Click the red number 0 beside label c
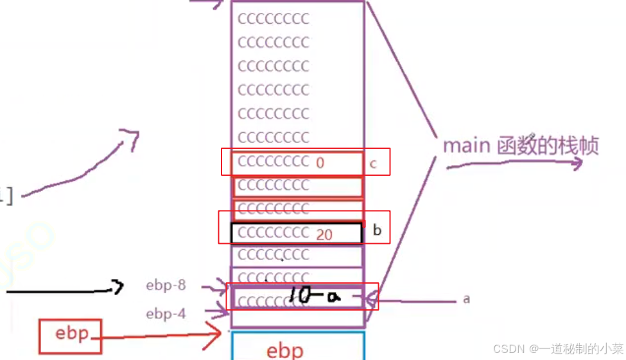click(x=320, y=163)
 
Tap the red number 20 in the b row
click(x=324, y=235)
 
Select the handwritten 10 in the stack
click(x=300, y=296)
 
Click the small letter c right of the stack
click(x=373, y=164)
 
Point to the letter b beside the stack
click(x=377, y=230)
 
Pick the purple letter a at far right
click(x=466, y=299)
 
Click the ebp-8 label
click(x=166, y=286)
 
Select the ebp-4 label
click(x=166, y=314)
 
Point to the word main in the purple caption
click(x=466, y=146)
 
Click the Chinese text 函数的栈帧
click(x=548, y=146)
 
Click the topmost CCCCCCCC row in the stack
click(x=274, y=19)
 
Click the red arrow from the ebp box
click(x=161, y=335)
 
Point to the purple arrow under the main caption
click(x=514, y=164)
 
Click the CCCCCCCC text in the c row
click(x=274, y=162)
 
